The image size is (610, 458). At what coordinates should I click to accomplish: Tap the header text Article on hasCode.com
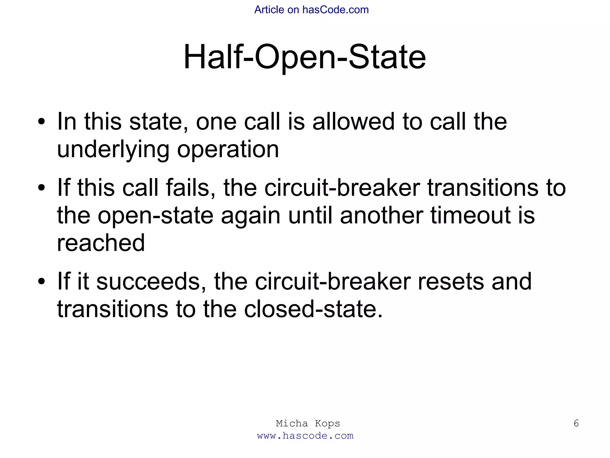pyautogui.click(x=311, y=10)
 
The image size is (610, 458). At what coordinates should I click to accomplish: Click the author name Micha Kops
pyautogui.click(x=308, y=423)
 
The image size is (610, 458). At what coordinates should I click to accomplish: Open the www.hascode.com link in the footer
pyautogui.click(x=305, y=436)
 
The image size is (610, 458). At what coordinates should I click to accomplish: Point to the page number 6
pyautogui.click(x=576, y=423)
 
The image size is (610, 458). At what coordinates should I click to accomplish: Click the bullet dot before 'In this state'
pyautogui.click(x=42, y=122)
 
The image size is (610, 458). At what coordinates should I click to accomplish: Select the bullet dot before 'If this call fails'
pyautogui.click(x=42, y=188)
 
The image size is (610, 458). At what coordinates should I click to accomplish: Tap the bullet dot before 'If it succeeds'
pyautogui.click(x=42, y=282)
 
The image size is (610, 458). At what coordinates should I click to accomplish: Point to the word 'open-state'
pyautogui.click(x=155, y=216)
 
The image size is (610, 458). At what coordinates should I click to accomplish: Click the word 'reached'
pyautogui.click(x=101, y=243)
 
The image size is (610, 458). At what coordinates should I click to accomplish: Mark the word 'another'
pyautogui.click(x=382, y=216)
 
